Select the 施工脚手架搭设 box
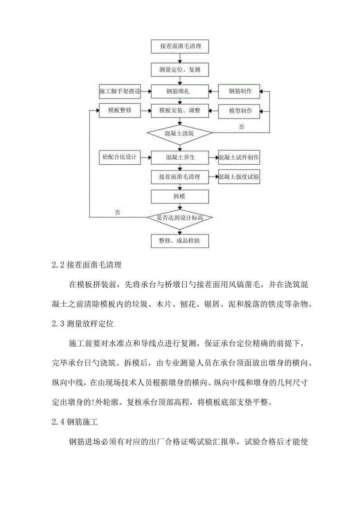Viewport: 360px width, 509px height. click(119, 92)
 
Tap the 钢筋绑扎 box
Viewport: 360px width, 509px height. click(180, 92)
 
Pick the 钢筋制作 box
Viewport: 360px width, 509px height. click(240, 92)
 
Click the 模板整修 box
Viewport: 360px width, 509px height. click(119, 111)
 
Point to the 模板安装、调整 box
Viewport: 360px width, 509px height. click(180, 111)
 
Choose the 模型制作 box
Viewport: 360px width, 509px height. click(240, 111)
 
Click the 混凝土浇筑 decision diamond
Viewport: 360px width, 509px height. click(180, 133)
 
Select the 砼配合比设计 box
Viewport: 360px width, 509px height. click(119, 158)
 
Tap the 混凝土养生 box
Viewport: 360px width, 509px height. click(180, 158)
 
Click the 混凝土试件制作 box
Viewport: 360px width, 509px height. click(239, 158)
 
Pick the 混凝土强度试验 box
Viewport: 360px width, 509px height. click(239, 177)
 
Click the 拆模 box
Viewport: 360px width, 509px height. click(180, 196)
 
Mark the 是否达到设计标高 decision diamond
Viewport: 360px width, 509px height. click(180, 218)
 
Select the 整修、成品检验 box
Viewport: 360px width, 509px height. click(180, 241)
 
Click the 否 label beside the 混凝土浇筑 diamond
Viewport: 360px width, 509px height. click(241, 126)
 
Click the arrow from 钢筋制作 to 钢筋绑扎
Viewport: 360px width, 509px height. click(214, 92)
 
